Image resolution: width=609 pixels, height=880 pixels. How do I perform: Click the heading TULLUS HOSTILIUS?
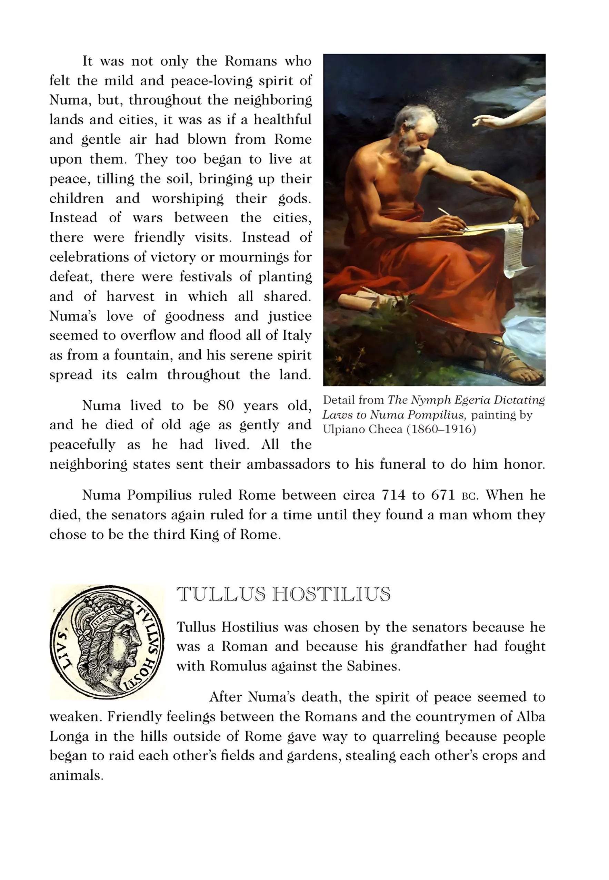[283, 594]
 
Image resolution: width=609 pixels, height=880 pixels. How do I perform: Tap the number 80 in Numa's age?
[226, 405]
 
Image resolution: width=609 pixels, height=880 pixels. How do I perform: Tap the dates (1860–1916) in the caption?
[441, 430]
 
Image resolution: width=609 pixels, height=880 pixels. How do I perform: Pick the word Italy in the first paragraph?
[297, 335]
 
